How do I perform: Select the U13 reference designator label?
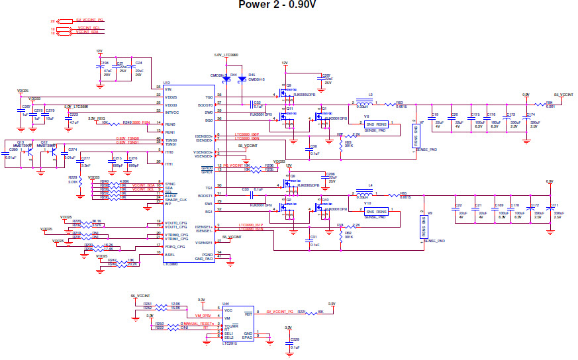click(x=166, y=83)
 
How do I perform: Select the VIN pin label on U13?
click(x=168, y=88)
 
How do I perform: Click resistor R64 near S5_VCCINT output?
click(x=550, y=103)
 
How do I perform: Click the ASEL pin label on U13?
click(x=169, y=254)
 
